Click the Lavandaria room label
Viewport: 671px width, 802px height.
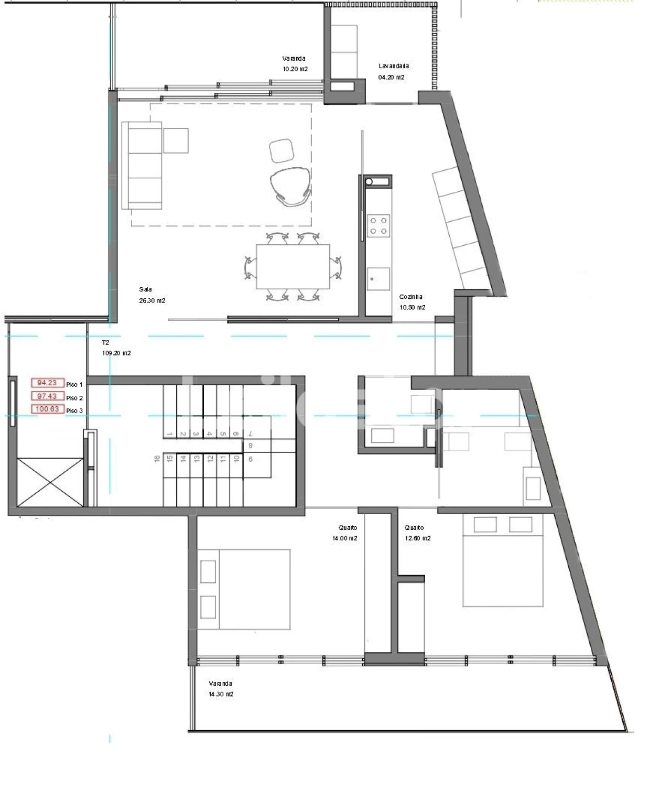click(393, 67)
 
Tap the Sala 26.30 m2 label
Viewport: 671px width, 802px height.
click(151, 295)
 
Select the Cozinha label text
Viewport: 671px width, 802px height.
click(410, 297)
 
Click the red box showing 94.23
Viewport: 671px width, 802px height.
click(47, 383)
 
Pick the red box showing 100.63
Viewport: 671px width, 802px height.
click(47, 409)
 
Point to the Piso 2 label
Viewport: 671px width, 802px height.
click(74, 398)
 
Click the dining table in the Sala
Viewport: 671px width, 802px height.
click(293, 266)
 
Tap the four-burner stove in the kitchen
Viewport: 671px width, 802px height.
click(378, 225)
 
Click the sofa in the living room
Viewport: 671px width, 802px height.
click(142, 165)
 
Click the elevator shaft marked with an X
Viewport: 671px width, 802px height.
click(50, 482)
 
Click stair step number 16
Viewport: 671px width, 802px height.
click(157, 459)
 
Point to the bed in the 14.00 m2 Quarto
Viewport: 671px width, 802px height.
click(244, 589)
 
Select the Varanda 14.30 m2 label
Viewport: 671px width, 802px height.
click(221, 689)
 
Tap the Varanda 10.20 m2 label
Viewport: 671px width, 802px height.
click(295, 63)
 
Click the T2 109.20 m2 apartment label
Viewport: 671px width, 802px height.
click(116, 348)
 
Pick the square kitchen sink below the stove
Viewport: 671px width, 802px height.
click(378, 278)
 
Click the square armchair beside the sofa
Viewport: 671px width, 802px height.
click(176, 140)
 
